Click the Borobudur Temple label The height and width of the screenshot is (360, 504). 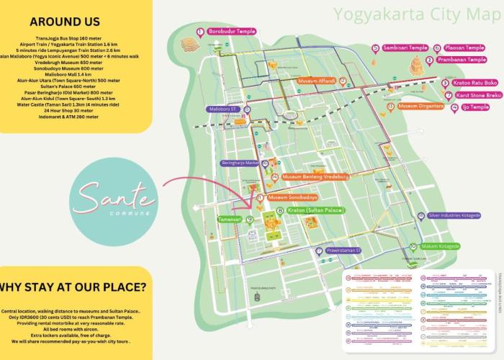231,32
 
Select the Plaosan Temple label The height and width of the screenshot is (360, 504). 464,48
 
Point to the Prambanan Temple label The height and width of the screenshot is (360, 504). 466,60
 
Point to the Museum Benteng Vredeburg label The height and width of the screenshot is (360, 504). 315,176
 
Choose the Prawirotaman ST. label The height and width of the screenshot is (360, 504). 348,251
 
